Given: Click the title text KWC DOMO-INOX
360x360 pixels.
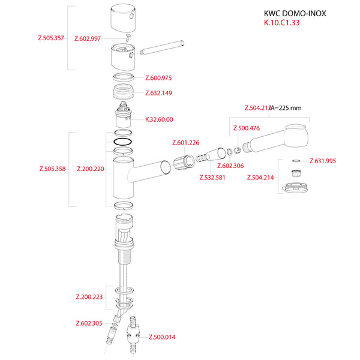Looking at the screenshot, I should [x=295, y=13].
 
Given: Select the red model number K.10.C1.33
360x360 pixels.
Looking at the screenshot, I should [x=281, y=23].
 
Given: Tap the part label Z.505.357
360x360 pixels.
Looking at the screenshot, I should [x=52, y=38].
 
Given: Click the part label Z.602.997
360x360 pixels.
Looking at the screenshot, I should [x=88, y=38].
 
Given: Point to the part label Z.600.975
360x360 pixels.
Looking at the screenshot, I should [x=158, y=77].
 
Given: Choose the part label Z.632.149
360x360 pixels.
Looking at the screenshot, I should [x=158, y=93].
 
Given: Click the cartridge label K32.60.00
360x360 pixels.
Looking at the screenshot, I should [x=159, y=119].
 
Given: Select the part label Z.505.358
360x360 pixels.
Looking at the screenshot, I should [x=52, y=169].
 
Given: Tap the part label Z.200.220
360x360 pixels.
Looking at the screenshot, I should [x=91, y=169].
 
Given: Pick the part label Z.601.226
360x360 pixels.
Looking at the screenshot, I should [x=185, y=143].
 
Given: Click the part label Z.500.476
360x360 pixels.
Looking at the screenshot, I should [x=246, y=128].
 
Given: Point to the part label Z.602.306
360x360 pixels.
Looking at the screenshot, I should [x=230, y=166].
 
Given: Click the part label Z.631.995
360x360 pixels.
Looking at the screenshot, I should [x=323, y=161].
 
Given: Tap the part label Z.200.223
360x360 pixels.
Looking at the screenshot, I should [x=89, y=297].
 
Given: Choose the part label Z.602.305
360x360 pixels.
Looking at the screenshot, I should [x=89, y=323].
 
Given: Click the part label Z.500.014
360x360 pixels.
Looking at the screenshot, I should [x=162, y=337].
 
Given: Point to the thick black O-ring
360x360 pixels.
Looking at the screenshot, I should [x=122, y=142].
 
